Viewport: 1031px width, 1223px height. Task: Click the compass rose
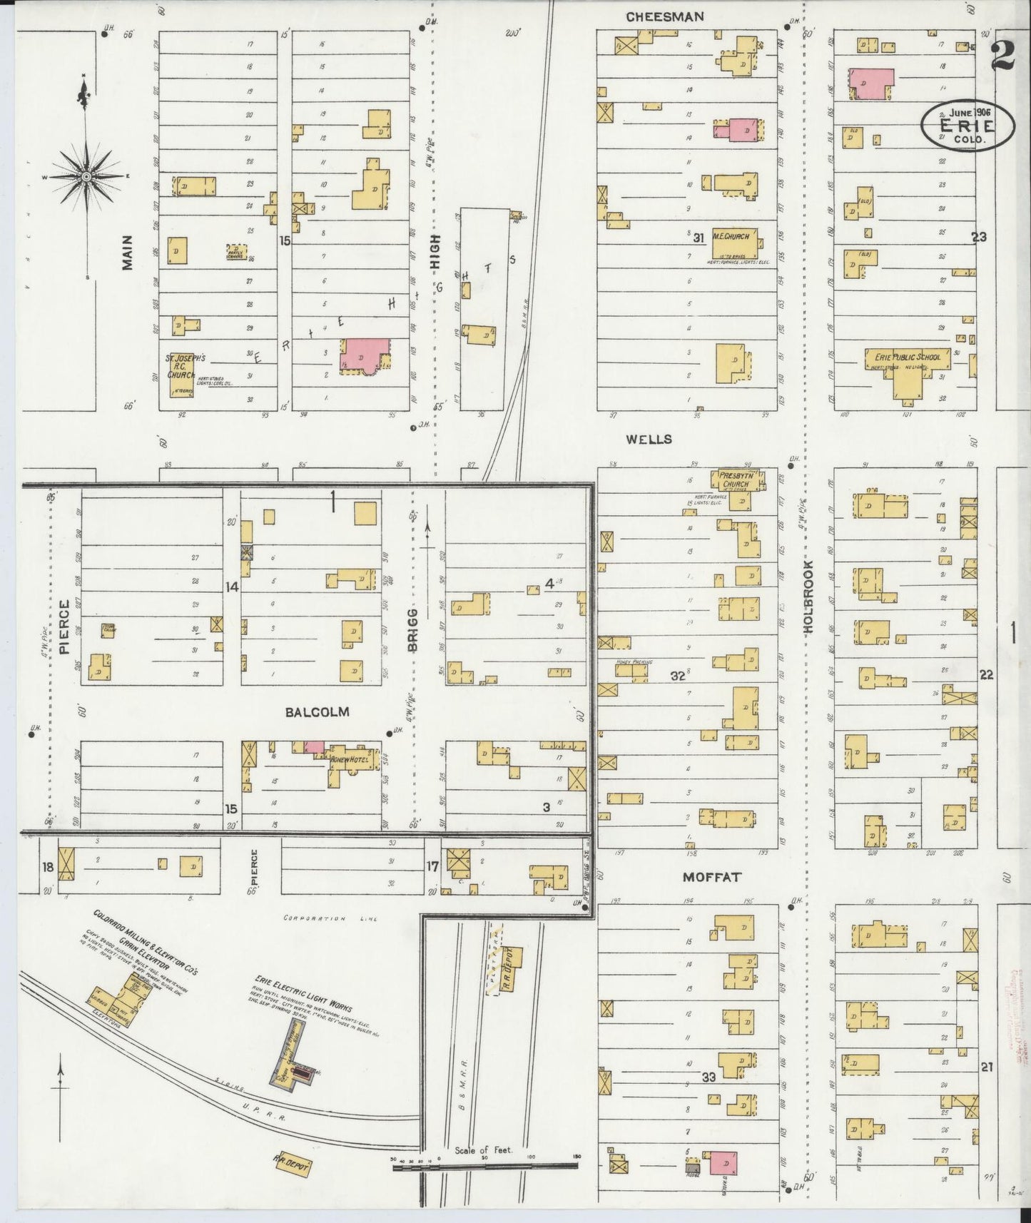tap(86, 176)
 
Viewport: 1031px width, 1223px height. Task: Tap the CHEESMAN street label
tap(664, 16)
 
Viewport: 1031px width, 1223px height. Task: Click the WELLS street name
tap(649, 439)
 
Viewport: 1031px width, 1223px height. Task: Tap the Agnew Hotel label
tap(345, 761)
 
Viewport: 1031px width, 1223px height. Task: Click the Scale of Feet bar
tap(485, 1166)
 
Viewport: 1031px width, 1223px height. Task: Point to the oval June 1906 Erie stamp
tap(967, 125)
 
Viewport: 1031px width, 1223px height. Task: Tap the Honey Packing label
tap(634, 662)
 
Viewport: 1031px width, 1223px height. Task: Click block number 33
tap(708, 1077)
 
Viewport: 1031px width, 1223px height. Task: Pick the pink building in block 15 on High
tap(365, 355)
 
